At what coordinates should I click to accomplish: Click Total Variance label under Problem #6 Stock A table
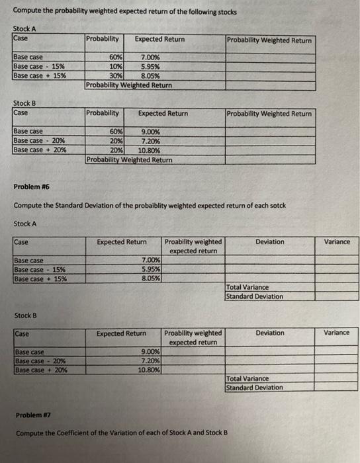pos(248,288)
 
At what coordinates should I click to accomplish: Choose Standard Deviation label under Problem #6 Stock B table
pos(255,388)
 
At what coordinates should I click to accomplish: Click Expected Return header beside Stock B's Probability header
pos(163,114)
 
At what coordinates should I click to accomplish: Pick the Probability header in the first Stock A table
pos(103,40)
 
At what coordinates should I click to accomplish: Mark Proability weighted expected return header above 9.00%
pos(193,337)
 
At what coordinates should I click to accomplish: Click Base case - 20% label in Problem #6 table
pos(40,361)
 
